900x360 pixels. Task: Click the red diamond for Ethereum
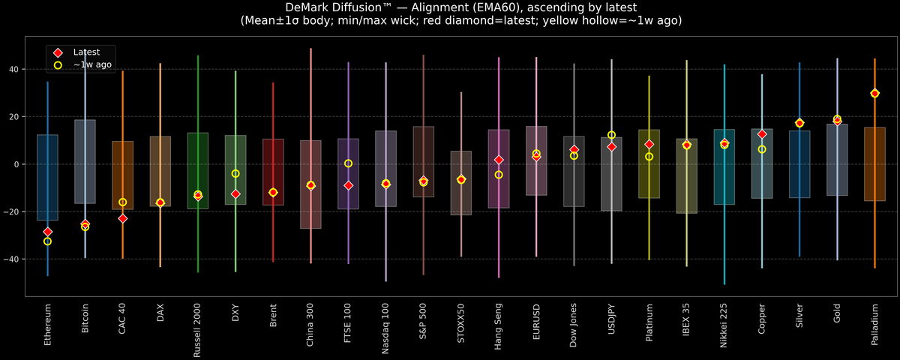click(x=47, y=232)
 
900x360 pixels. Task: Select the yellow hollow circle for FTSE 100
click(x=348, y=163)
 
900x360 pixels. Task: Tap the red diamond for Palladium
click(x=874, y=94)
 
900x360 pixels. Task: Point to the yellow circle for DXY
click(x=235, y=174)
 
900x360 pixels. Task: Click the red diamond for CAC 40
click(x=122, y=218)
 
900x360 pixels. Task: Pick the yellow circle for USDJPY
click(x=611, y=135)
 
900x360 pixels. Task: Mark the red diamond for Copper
click(x=762, y=134)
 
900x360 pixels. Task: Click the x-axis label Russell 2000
click(x=198, y=331)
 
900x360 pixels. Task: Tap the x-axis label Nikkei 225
click(x=724, y=327)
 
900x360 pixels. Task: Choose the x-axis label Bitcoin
click(x=85, y=321)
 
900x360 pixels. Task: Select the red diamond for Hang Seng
click(x=499, y=160)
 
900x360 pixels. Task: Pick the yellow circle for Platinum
click(x=649, y=157)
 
